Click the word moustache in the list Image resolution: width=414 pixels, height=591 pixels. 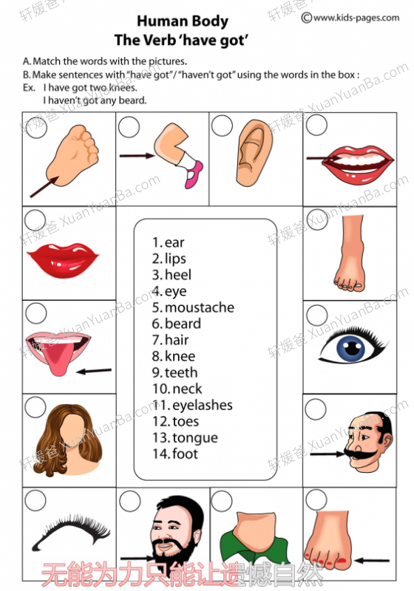click(200, 307)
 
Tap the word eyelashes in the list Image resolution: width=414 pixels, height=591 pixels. click(203, 405)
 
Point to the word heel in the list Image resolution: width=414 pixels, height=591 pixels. click(178, 275)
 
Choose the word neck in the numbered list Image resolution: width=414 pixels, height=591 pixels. click(187, 389)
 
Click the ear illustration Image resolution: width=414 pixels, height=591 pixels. click(254, 153)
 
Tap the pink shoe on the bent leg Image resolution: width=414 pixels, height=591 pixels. click(194, 174)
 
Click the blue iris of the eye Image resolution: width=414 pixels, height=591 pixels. click(351, 348)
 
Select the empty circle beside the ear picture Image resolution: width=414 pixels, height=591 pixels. click(222, 126)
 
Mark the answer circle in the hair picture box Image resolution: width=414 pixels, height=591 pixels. click(35, 407)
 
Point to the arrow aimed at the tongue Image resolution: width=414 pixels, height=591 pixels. click(94, 372)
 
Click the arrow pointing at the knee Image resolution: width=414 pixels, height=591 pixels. click(138, 155)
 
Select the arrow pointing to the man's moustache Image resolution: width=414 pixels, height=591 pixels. click(327, 454)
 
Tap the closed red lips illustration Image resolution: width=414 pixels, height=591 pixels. click(64, 260)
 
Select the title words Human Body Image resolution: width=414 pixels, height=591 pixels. click(183, 21)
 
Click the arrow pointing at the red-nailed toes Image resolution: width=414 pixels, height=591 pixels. click(372, 561)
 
